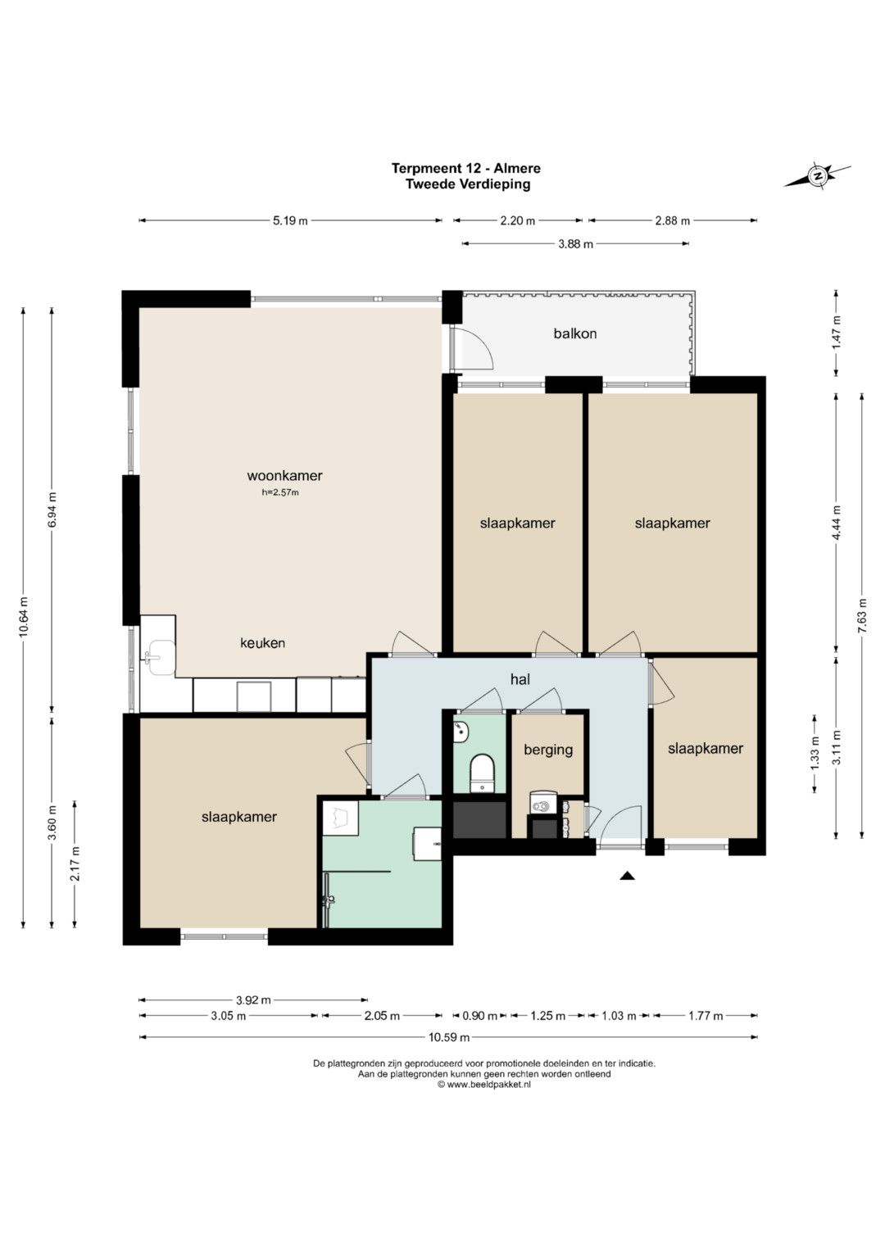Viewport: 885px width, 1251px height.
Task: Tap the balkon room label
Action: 575,333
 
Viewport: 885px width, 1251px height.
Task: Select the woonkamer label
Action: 284,476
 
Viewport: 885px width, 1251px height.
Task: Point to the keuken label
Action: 262,643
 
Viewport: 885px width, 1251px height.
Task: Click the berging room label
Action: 548,750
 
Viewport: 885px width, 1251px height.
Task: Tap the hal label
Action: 520,679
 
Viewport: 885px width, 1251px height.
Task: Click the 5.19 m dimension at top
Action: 291,220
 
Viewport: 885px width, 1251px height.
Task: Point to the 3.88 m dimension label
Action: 575,243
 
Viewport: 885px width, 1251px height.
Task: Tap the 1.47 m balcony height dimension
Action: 837,333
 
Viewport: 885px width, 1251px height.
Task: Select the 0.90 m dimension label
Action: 480,1016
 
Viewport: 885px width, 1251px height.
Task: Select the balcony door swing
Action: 471,348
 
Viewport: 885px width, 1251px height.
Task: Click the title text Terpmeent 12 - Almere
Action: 466,168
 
